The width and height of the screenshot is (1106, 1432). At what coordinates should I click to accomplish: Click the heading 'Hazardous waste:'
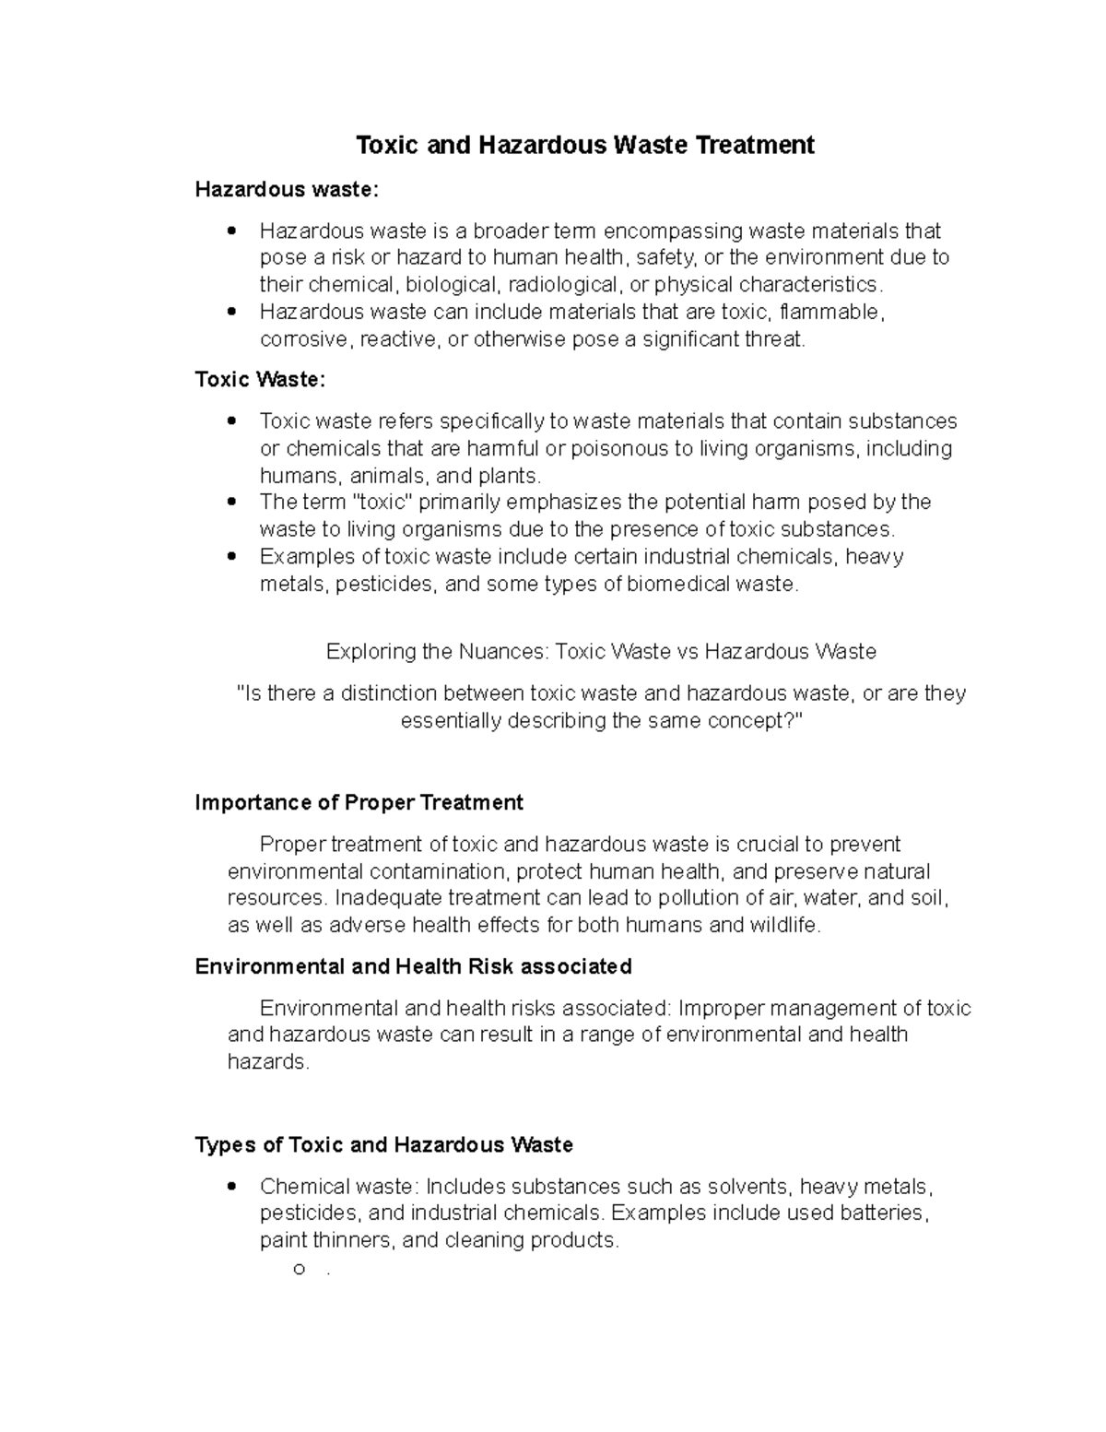point(287,190)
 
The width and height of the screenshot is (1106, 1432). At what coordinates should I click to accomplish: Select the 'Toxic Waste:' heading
point(260,380)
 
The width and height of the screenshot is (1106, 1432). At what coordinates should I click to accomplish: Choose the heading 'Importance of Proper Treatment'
point(359,803)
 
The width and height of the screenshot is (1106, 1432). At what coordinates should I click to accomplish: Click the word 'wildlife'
point(783,925)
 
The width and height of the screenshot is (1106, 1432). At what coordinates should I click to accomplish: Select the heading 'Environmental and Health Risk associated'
point(413,966)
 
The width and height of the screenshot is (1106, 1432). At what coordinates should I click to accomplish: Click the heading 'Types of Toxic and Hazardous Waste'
point(384,1145)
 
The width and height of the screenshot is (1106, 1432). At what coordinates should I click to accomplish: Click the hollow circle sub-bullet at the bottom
point(299,1269)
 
